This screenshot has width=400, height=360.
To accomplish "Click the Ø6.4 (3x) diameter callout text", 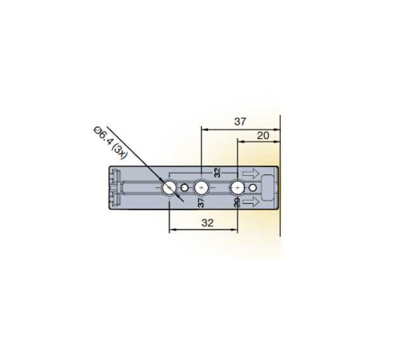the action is (x=110, y=143).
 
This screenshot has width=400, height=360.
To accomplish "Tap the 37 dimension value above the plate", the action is (x=240, y=122).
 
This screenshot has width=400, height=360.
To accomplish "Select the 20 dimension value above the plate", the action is (x=263, y=136).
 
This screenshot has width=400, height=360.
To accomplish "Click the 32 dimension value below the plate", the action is (x=207, y=222).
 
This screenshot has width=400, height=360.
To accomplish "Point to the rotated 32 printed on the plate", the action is (x=218, y=173).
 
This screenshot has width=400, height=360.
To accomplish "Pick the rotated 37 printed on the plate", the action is (x=202, y=202).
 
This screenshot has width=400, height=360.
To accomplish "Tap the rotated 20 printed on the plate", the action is (x=237, y=202).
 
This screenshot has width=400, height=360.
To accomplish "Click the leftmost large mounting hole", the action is (x=170, y=188).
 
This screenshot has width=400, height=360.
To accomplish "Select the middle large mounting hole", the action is (x=202, y=188).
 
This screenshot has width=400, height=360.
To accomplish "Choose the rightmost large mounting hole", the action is (x=237, y=188).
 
